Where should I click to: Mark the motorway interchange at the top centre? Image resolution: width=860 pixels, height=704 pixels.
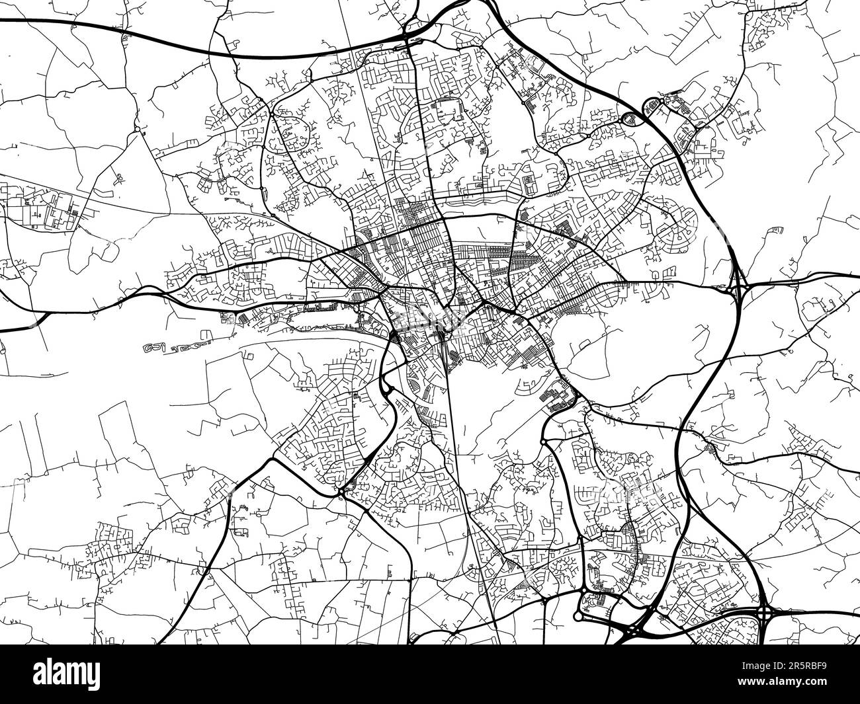[x=408, y=36]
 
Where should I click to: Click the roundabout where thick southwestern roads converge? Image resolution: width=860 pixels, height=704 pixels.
[x=341, y=491]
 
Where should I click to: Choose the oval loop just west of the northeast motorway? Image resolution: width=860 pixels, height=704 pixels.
[x=628, y=119]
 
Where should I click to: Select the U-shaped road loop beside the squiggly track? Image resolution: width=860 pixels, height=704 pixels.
[x=250, y=356]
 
